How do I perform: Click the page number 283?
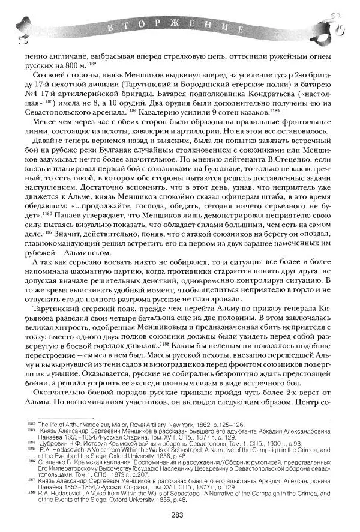[x=176, y=513]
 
